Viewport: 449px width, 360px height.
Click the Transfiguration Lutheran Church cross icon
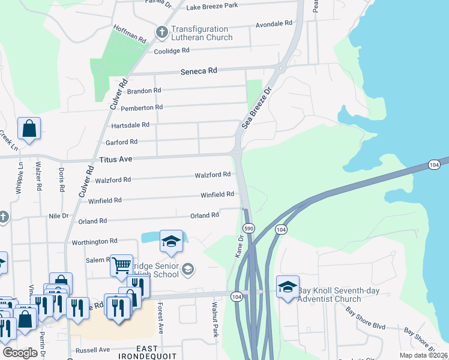tap(161, 32)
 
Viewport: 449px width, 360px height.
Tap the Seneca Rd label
tap(199, 71)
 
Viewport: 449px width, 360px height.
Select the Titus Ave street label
tap(116, 159)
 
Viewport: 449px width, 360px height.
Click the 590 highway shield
tap(249, 229)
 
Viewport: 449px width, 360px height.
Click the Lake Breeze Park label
tap(212, 6)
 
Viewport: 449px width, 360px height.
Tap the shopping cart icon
tap(122, 265)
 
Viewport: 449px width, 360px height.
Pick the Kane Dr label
tap(240, 247)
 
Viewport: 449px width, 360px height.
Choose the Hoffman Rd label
tap(130, 34)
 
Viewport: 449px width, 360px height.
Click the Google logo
tap(20, 353)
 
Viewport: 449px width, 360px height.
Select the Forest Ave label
tap(161, 318)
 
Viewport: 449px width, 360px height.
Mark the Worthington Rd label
tap(94, 241)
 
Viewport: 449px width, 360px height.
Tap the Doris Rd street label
tap(62, 178)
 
